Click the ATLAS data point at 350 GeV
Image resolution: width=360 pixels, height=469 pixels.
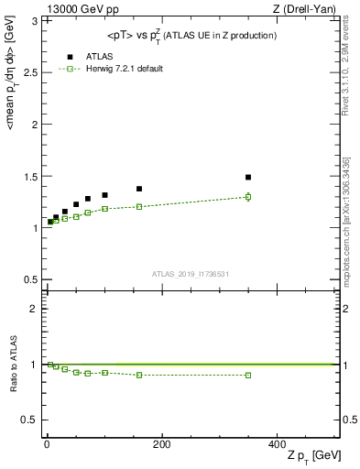pos(248,177)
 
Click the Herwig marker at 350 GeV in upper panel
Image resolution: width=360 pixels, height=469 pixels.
pos(248,196)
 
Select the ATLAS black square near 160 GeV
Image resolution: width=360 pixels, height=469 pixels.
pos(139,189)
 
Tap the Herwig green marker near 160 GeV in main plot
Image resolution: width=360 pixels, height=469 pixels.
pos(139,206)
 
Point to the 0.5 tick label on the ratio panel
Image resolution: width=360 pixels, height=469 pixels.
pos(30,420)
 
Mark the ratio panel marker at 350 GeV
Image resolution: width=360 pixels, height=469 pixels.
pos(248,375)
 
